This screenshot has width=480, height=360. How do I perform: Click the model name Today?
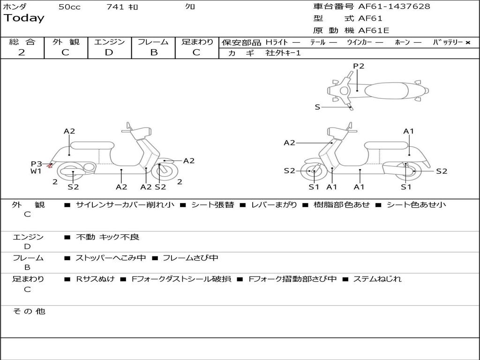[24, 18]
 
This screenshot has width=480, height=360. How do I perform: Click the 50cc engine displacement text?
[69, 7]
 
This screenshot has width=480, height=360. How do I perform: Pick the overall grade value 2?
[22, 52]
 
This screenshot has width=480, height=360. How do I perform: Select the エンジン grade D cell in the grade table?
[109, 52]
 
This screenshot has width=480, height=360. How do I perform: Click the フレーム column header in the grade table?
[153, 42]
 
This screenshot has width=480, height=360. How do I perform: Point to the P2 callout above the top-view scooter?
[359, 66]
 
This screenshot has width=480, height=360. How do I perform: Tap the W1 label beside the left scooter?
[36, 171]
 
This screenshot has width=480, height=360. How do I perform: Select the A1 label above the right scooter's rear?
[409, 131]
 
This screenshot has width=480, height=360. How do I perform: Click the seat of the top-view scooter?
[385, 90]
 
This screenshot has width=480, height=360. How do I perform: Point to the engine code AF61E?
[374, 30]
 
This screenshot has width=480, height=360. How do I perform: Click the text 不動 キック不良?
[107, 237]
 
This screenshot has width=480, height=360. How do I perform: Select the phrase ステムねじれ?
[377, 279]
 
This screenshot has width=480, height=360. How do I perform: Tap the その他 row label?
[29, 311]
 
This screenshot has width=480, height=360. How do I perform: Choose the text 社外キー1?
[283, 53]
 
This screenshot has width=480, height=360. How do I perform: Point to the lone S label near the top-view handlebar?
[317, 107]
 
